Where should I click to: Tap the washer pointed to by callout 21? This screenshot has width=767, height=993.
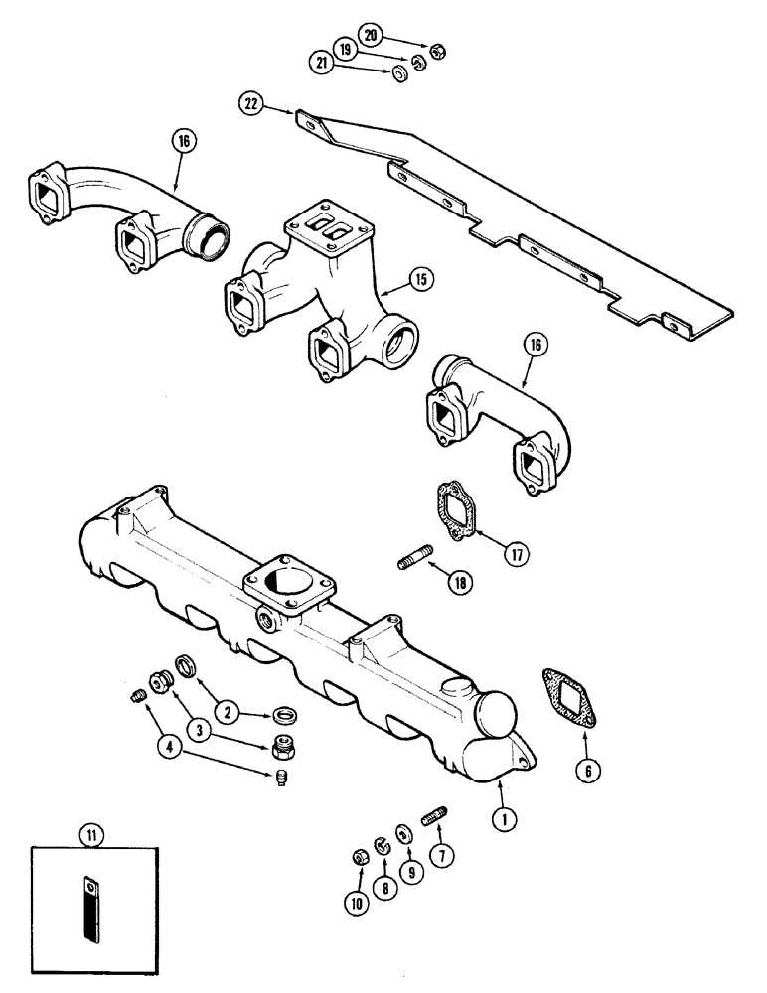(399, 74)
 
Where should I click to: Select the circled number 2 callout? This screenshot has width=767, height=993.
(227, 710)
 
